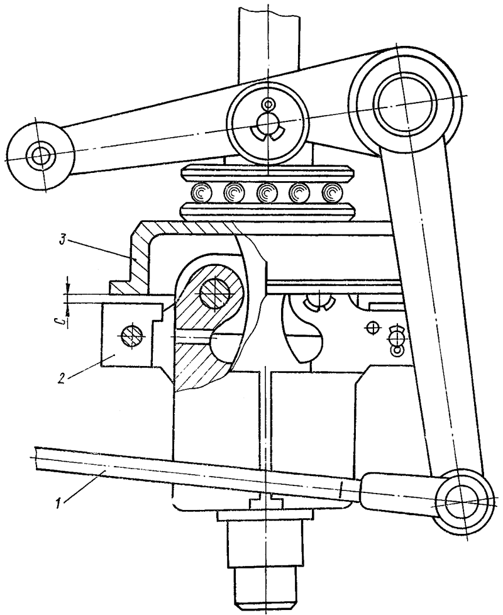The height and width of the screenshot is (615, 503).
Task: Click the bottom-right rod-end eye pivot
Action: pyautogui.click(x=463, y=501)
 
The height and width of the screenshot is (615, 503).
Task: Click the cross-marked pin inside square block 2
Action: pyautogui.click(x=131, y=336)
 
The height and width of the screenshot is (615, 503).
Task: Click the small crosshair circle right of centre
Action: pyautogui.click(x=373, y=327)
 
